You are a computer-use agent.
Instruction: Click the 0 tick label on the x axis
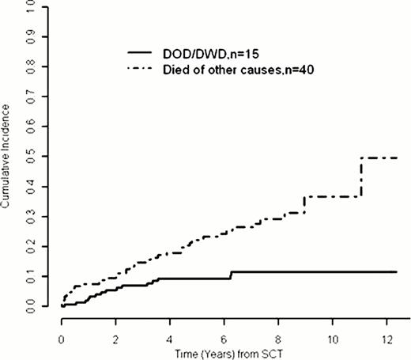click(61, 332)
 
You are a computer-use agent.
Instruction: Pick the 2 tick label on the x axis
click(115, 332)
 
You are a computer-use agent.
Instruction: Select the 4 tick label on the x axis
click(169, 332)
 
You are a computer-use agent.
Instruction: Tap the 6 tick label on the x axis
click(224, 332)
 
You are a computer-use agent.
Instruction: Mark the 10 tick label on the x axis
click(332, 332)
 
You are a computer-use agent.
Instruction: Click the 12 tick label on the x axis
click(386, 332)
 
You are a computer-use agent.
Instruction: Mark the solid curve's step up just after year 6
click(231, 275)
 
